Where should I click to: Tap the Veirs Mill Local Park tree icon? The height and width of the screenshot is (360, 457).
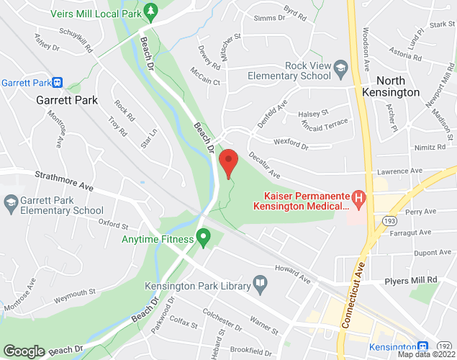pyautogui.click(x=150, y=11)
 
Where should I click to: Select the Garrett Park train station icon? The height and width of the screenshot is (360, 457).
pyautogui.click(x=58, y=83)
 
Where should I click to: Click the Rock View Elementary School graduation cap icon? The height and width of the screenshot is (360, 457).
pyautogui.click(x=340, y=69)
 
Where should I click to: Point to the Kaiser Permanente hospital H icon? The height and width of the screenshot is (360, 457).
pyautogui.click(x=358, y=197)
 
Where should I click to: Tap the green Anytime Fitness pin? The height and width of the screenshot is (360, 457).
pyautogui.click(x=204, y=235)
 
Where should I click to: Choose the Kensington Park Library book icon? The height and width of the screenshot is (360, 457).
pyautogui.click(x=258, y=283)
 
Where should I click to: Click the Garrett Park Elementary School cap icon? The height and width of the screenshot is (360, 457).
pyautogui.click(x=10, y=204)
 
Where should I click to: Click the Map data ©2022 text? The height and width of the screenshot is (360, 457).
pyautogui.click(x=426, y=354)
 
